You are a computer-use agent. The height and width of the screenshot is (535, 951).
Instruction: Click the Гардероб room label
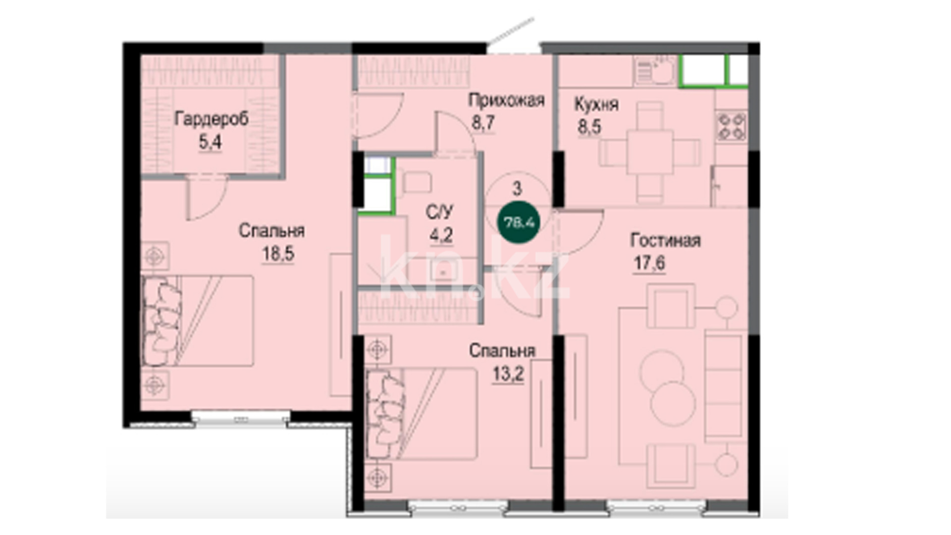coord(211,119)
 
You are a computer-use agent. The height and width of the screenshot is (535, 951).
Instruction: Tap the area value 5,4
coord(210,143)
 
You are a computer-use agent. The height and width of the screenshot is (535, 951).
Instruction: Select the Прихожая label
coord(506,100)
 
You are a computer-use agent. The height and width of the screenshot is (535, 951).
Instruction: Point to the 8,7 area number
coord(483,122)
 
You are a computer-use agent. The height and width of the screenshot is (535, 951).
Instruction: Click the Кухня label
coord(596,104)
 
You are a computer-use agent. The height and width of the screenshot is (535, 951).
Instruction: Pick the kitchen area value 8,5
coord(589,127)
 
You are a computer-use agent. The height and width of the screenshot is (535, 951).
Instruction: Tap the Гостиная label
coord(665,241)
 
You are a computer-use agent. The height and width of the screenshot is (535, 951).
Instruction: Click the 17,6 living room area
coord(649,263)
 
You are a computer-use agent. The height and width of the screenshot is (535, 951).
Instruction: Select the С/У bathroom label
coord(439,212)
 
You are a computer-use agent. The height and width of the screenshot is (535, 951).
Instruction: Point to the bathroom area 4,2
coord(441,235)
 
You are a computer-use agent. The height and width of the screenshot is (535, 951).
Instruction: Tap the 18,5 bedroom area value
coord(278,254)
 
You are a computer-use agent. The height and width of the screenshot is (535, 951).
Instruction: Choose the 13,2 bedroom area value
coord(508,374)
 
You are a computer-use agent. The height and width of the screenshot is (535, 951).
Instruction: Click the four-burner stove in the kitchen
coord(732,126)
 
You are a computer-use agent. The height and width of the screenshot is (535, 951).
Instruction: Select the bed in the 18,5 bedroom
coord(198,321)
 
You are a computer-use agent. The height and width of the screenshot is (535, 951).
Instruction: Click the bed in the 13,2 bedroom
coord(422,414)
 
